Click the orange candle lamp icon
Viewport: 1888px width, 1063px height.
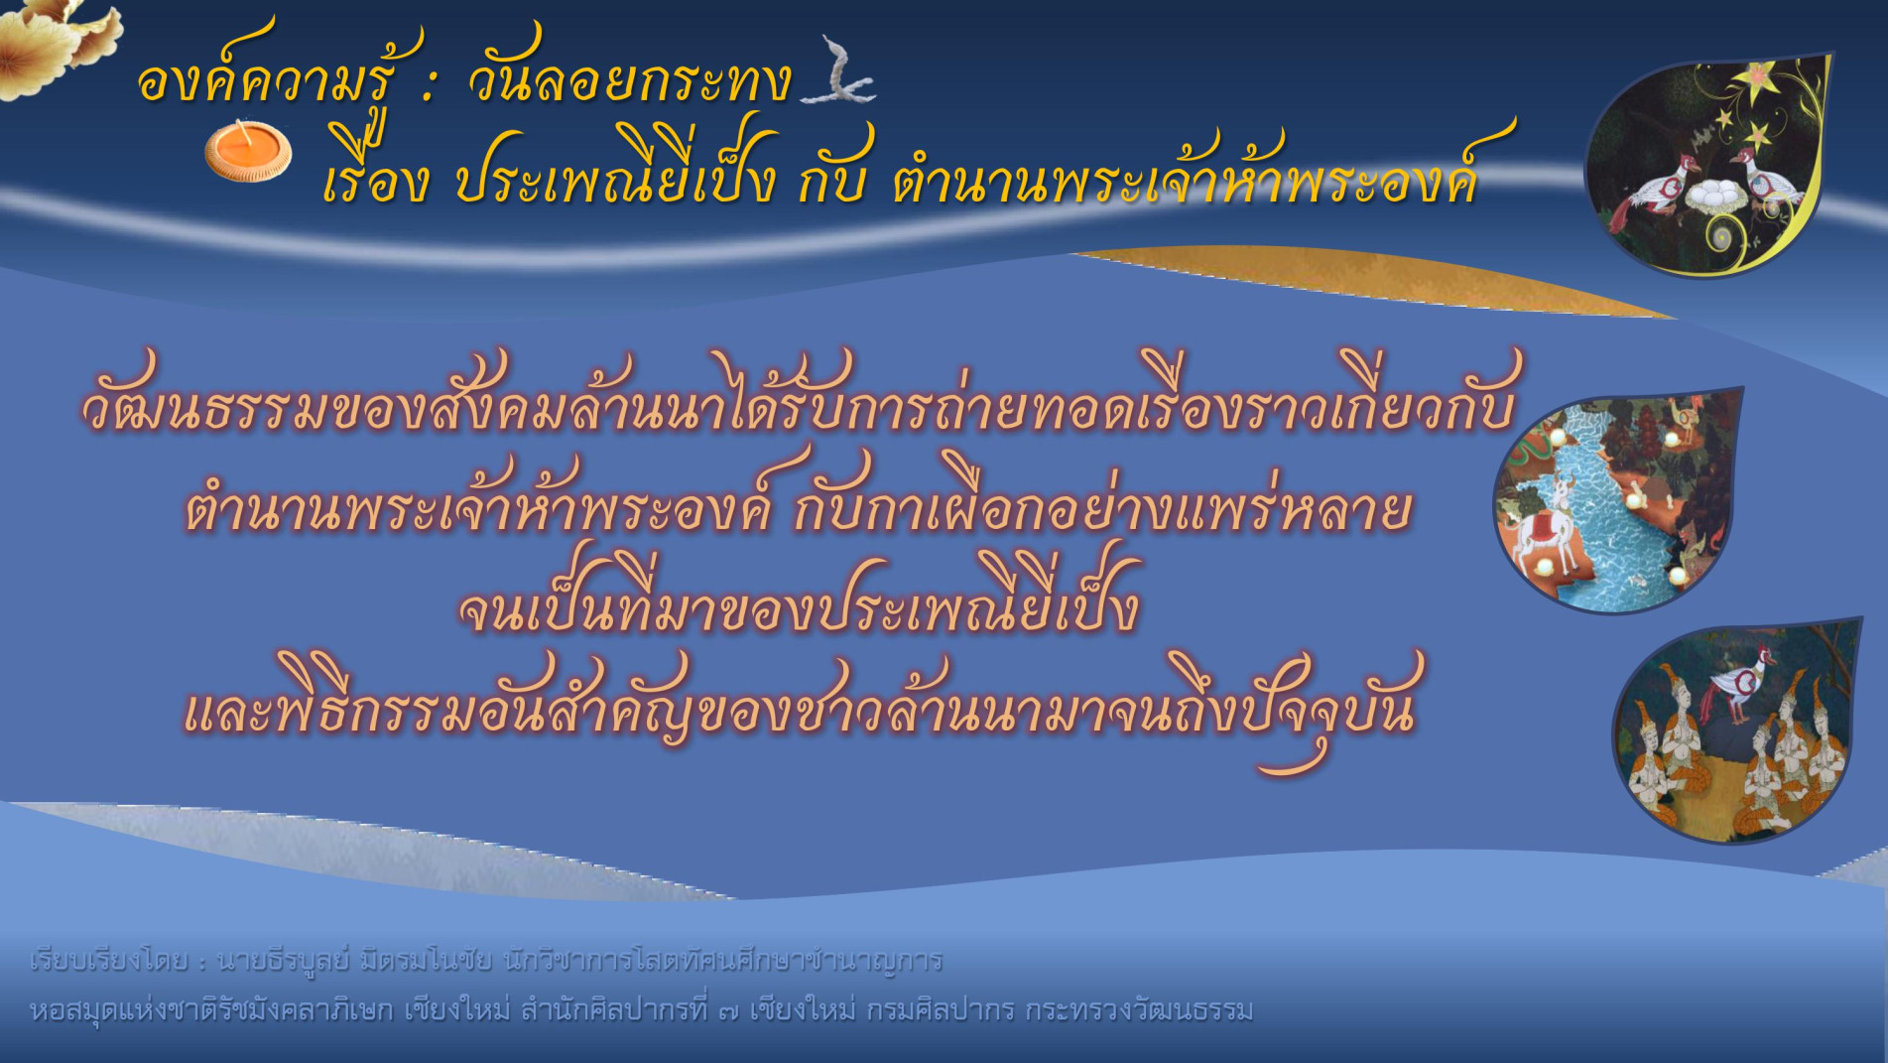click(248, 152)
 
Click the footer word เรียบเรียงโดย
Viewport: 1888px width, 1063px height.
click(109, 961)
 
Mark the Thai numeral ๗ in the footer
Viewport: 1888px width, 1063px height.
click(727, 1010)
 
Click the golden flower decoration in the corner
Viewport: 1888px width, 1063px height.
click(55, 40)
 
